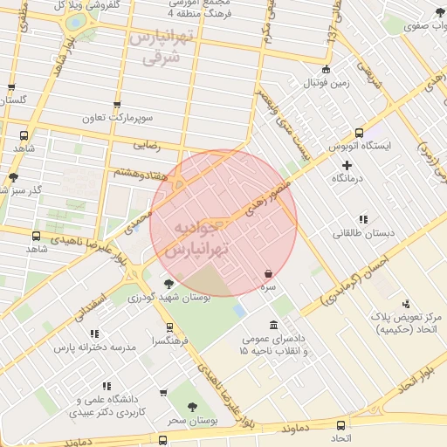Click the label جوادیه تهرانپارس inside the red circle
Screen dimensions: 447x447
pos(202,238)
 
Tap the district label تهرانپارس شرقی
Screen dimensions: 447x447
pos(159,47)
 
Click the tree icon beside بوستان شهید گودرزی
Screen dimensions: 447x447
pos(168,283)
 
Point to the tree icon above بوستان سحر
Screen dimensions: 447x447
pos(193,406)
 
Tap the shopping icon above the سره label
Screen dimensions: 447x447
pos(267,273)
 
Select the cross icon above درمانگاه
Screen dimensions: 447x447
pos(347,164)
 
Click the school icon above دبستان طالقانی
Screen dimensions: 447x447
pos(363,219)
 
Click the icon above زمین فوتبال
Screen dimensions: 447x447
pos(326,69)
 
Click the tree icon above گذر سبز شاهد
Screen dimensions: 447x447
pos(14,177)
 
